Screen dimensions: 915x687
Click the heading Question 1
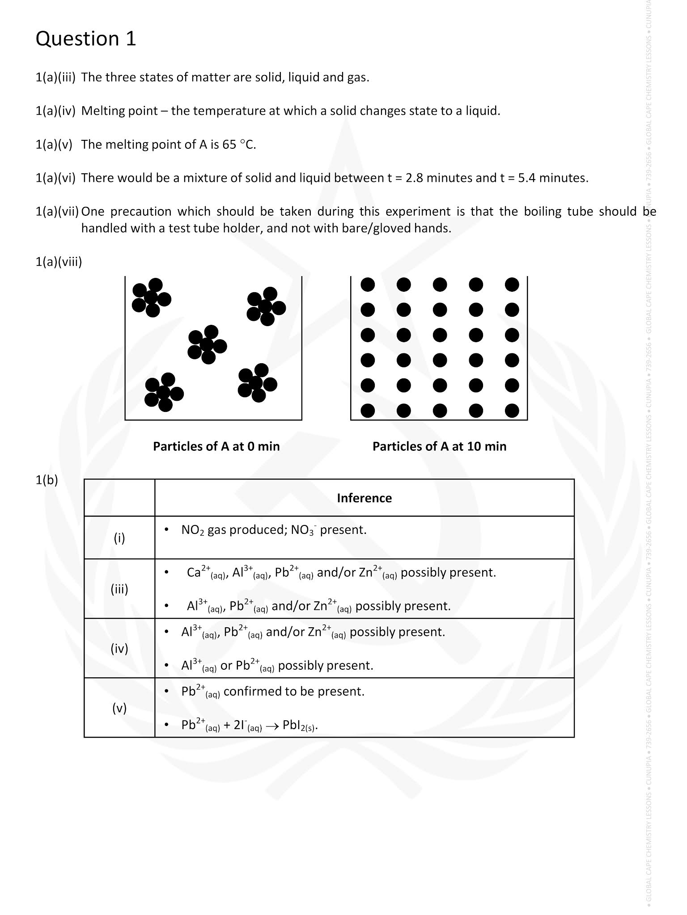[x=85, y=39]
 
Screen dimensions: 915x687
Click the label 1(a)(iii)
[x=55, y=78]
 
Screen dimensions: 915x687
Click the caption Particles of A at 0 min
[x=216, y=446]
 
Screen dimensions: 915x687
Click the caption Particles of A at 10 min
[x=439, y=446]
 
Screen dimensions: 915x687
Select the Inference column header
[x=364, y=498]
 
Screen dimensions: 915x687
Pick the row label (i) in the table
[x=119, y=538]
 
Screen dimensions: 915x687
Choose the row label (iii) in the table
[x=119, y=589]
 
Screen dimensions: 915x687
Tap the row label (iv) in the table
[x=119, y=649]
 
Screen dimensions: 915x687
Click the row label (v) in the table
[x=119, y=708]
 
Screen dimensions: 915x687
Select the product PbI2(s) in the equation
[x=300, y=726]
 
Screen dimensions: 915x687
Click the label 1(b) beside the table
[x=47, y=480]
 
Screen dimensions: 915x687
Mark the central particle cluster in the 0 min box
[x=207, y=344]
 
